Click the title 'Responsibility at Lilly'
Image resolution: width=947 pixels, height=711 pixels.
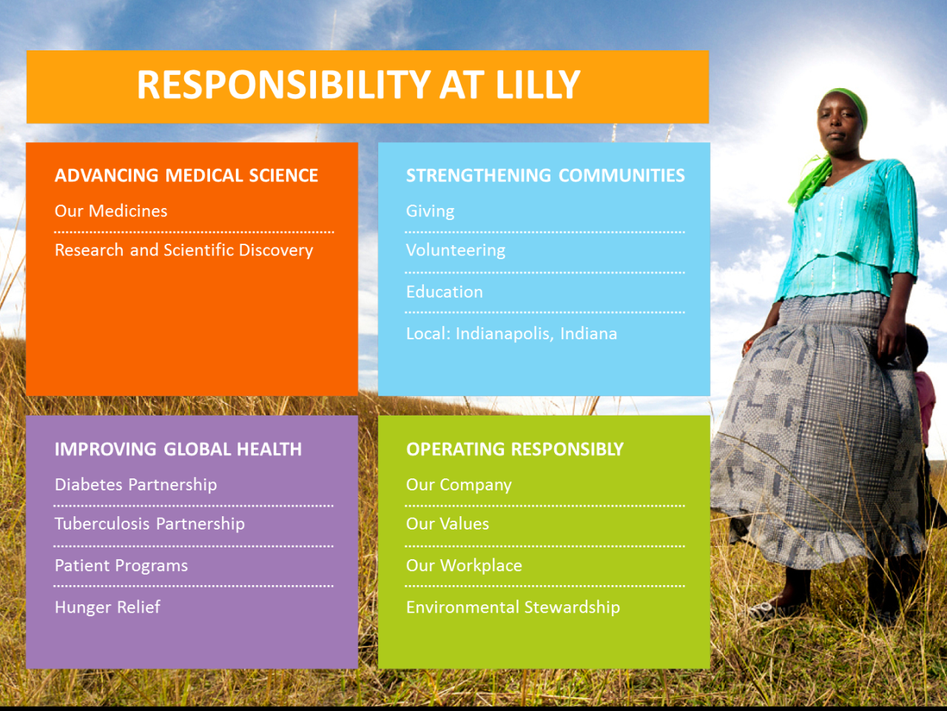pyautogui.click(x=359, y=84)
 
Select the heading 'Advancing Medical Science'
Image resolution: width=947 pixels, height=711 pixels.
pyautogui.click(x=186, y=176)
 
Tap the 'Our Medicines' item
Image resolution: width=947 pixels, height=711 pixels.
pyautogui.click(x=111, y=210)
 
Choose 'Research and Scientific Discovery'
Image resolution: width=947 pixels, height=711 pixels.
pyautogui.click(x=183, y=250)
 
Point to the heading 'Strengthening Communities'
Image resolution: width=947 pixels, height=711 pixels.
pyautogui.click(x=545, y=176)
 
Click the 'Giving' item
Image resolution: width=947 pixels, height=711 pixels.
pyautogui.click(x=430, y=211)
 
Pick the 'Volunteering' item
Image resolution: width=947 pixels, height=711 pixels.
pyautogui.click(x=456, y=250)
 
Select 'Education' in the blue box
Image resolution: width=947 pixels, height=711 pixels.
pyautogui.click(x=445, y=292)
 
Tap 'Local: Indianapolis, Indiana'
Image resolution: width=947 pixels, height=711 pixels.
pyautogui.click(x=512, y=333)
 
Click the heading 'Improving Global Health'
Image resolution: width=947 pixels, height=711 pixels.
pyautogui.click(x=178, y=449)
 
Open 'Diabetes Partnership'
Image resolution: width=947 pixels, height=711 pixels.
pyautogui.click(x=136, y=485)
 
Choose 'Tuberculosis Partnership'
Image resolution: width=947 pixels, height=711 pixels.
pyautogui.click(x=149, y=524)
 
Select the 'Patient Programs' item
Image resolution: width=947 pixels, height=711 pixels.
pyautogui.click(x=121, y=566)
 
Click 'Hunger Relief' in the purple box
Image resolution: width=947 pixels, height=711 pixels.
pyautogui.click(x=107, y=607)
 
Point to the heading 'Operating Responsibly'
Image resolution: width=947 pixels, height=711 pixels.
pyautogui.click(x=515, y=449)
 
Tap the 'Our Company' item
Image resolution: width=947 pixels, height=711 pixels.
pyautogui.click(x=459, y=485)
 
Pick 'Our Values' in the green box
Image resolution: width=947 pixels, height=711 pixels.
pyautogui.click(x=448, y=524)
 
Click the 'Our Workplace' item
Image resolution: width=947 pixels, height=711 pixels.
pyautogui.click(x=464, y=566)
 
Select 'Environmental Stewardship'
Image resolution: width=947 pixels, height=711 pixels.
pyautogui.click(x=513, y=607)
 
